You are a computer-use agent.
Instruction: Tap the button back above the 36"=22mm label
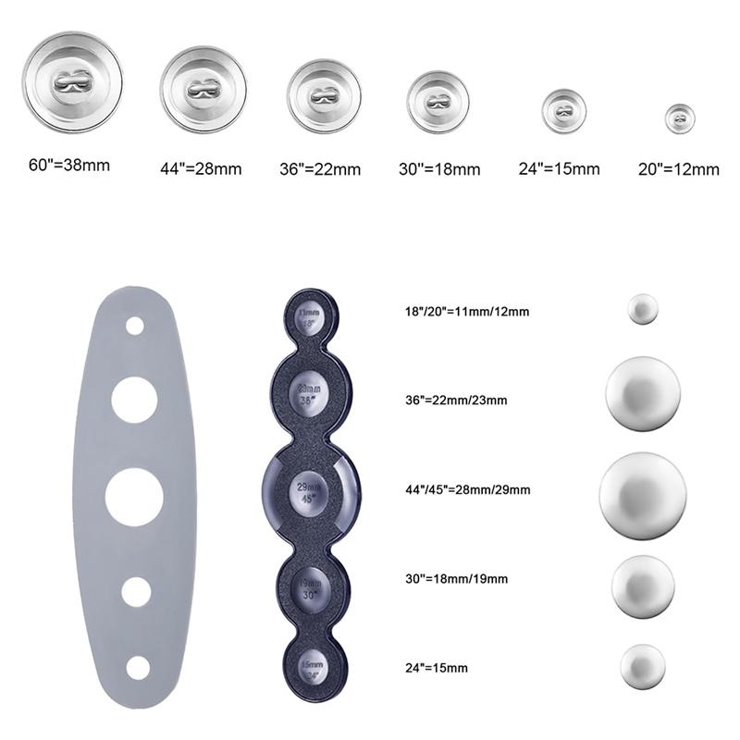click(x=323, y=95)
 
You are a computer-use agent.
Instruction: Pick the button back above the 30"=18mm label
click(x=438, y=100)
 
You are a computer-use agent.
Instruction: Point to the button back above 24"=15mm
click(x=563, y=110)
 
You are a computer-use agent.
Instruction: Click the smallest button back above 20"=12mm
click(x=679, y=117)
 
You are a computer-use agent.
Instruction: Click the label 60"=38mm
click(x=69, y=166)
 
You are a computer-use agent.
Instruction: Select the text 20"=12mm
click(x=678, y=169)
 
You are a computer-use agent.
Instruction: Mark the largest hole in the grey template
click(x=134, y=497)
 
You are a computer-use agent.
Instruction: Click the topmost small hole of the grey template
click(x=135, y=326)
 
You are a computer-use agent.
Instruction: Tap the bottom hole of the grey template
click(x=139, y=666)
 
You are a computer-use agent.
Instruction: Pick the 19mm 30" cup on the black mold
click(x=310, y=588)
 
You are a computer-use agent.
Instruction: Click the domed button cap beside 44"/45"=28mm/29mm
click(x=643, y=490)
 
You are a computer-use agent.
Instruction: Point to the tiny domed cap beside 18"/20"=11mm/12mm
click(x=641, y=308)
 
